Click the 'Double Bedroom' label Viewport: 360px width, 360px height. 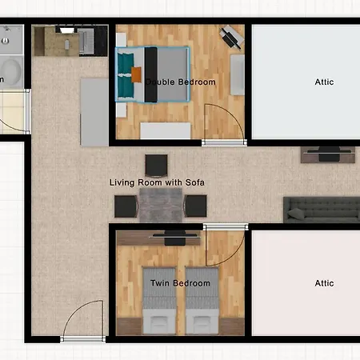click(x=181, y=82)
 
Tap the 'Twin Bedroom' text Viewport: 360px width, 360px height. click(x=180, y=283)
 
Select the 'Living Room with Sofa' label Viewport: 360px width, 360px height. click(x=157, y=182)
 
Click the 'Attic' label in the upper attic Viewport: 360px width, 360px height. click(x=324, y=82)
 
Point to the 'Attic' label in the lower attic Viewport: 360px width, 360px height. click(x=324, y=283)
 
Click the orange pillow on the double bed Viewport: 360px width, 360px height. click(x=136, y=74)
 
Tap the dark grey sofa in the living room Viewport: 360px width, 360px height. click(x=322, y=210)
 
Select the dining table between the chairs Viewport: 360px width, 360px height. click(x=161, y=206)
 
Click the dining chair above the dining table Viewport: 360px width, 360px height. click(x=156, y=166)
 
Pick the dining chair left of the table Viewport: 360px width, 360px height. click(x=126, y=206)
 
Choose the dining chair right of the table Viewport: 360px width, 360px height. click(x=195, y=206)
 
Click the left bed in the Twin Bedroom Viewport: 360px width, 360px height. click(x=159, y=301)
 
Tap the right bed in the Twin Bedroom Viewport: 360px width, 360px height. click(x=202, y=301)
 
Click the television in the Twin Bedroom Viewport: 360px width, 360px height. click(x=175, y=238)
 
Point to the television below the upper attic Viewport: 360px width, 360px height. click(x=330, y=154)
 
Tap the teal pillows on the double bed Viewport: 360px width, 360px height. click(x=126, y=74)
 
